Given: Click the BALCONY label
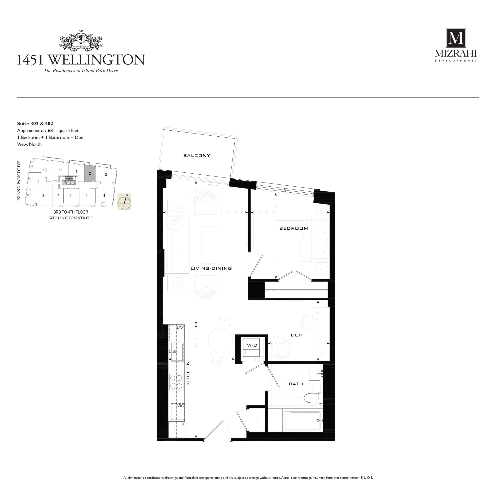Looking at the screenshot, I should [x=197, y=155].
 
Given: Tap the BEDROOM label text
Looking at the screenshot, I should [x=294, y=228].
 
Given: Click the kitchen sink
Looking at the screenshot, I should [x=177, y=352].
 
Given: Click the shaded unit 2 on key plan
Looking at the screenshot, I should [x=90, y=174].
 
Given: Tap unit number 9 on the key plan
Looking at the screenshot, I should [x=38, y=182].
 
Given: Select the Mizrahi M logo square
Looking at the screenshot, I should [x=456, y=38].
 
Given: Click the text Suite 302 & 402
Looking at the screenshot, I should [x=35, y=123].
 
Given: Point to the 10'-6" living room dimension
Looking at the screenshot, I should [x=231, y=212].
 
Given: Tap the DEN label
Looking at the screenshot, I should [x=296, y=335].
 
